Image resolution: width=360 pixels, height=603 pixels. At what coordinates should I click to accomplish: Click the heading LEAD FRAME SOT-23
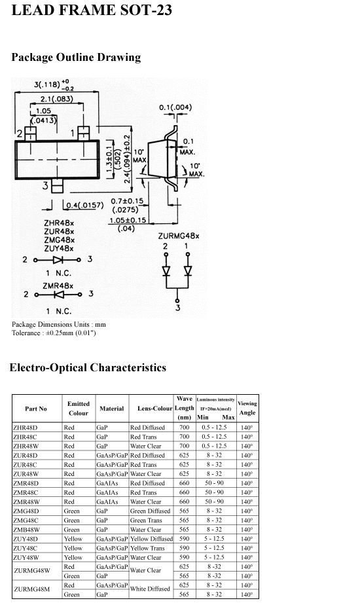point(92,10)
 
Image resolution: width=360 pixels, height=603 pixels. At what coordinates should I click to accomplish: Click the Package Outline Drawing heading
point(76,58)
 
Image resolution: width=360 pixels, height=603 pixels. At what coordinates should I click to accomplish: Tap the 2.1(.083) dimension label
point(56,99)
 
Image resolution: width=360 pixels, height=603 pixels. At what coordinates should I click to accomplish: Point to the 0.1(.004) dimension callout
point(175,107)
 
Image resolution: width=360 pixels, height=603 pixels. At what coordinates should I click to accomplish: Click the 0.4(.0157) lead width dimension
point(84,205)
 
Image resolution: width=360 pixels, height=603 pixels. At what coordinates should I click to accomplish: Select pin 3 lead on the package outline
point(57,186)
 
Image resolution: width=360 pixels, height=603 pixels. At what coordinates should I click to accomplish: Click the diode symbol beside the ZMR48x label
point(58,295)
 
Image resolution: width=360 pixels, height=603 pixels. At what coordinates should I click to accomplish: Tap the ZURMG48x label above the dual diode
point(179,236)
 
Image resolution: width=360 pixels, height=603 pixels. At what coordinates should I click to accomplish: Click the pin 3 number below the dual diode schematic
point(177,308)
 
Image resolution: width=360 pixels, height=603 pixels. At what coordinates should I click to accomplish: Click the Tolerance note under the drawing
point(54,333)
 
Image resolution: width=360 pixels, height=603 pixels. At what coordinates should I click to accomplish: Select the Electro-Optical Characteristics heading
point(88,368)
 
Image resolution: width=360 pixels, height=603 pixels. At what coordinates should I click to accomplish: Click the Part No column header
point(36,409)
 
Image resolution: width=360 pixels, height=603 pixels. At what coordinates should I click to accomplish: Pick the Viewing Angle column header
point(247,408)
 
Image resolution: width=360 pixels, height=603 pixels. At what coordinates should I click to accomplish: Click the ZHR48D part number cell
point(26,428)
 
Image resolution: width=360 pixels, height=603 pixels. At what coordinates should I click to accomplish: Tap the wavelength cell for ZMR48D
point(184,483)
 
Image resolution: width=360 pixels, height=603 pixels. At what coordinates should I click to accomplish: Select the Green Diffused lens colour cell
point(150,511)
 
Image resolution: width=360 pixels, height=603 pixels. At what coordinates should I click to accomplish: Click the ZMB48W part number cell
point(26,530)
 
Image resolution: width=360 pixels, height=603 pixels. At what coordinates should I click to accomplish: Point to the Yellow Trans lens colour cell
point(147,548)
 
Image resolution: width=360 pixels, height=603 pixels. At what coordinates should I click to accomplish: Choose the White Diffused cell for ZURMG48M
point(150,589)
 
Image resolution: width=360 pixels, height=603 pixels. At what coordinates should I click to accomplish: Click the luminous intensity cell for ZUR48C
point(214,465)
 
